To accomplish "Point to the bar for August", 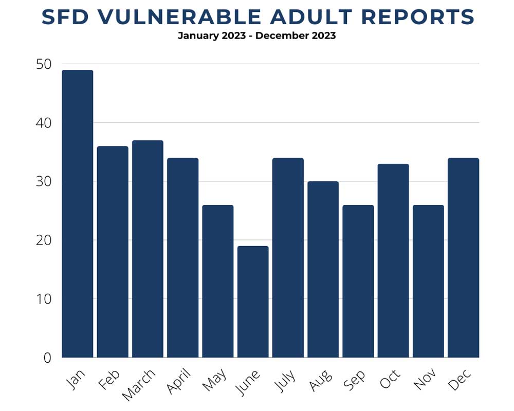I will coord(323,269).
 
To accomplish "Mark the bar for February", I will coord(113,252).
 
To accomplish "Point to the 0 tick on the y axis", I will coord(47,358).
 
